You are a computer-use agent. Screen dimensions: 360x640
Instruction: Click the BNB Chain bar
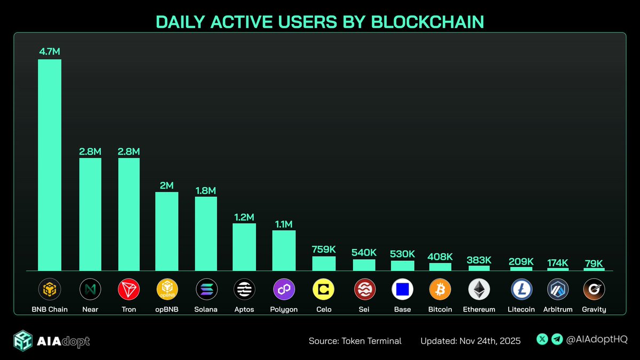point(50,165)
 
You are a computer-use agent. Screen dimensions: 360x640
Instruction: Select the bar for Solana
point(206,234)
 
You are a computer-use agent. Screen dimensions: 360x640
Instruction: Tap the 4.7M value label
point(50,52)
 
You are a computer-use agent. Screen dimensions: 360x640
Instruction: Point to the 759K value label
point(324,249)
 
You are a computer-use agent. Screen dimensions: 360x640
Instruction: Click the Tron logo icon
point(129,290)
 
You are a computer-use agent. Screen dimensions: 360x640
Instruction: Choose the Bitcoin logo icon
point(440,290)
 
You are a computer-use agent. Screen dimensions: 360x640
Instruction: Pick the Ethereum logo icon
point(479,290)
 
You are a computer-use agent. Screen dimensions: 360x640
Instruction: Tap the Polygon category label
point(284,309)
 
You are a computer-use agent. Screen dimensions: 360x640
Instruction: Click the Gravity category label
point(594,309)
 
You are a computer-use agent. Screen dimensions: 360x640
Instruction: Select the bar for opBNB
point(167,231)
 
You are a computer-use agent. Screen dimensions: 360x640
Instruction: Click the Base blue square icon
point(402,290)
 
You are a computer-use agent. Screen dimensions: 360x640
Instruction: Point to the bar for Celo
point(324,263)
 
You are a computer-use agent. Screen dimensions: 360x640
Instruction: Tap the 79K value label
point(594,263)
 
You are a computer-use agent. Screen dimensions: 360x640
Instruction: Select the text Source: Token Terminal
point(355,341)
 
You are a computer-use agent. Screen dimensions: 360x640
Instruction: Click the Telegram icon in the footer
point(556,339)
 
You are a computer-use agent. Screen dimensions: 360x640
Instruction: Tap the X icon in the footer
point(542,339)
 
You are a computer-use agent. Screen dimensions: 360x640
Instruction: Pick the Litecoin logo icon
point(522,290)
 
